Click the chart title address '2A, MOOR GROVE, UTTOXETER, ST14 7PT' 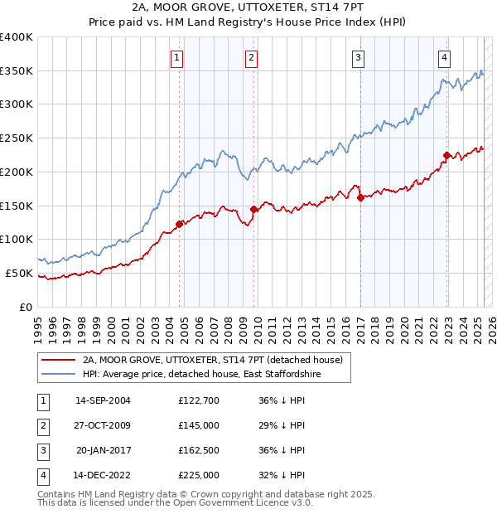[x=248, y=7]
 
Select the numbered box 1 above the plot [x=178, y=57]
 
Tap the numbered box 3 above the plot [x=358, y=57]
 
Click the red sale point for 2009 [x=253, y=209]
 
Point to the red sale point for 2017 [x=360, y=197]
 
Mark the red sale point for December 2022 [x=446, y=155]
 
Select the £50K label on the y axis [x=19, y=273]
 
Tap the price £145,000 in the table [x=199, y=425]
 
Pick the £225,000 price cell [x=199, y=475]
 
